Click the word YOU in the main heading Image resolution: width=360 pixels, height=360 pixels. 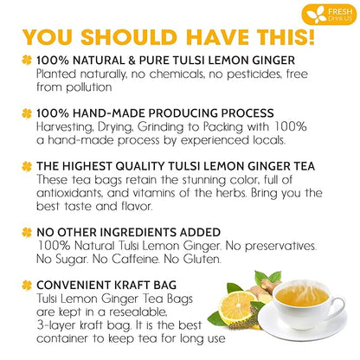[x=53, y=37]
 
